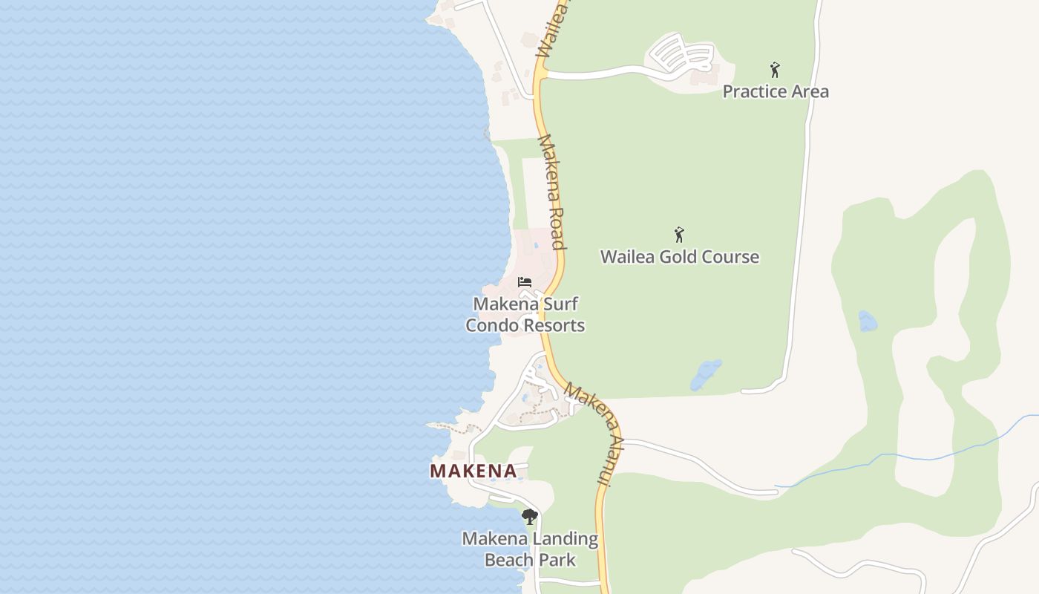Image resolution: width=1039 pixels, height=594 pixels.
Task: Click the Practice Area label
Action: [776, 91]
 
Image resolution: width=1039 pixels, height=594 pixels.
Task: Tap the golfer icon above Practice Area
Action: [775, 70]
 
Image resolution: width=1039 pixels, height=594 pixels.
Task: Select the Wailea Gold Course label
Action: [679, 257]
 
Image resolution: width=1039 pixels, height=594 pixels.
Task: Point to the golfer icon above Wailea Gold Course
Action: [678, 235]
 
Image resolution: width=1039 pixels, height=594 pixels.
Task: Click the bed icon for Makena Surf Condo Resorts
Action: [525, 282]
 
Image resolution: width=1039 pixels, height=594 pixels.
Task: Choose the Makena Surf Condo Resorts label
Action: [525, 315]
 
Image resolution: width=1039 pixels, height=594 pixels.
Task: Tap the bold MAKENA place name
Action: [473, 471]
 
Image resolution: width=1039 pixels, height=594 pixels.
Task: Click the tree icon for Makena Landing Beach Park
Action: [529, 517]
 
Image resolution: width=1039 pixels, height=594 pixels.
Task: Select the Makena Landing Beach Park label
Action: [530, 549]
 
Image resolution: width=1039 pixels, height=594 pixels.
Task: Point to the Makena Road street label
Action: [551, 192]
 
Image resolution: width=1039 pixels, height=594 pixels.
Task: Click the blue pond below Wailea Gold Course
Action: [705, 375]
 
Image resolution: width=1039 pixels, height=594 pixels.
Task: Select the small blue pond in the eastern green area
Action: [867, 321]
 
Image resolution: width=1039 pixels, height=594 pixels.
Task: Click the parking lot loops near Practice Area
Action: [681, 53]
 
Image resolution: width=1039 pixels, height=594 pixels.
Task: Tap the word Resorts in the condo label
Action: [556, 325]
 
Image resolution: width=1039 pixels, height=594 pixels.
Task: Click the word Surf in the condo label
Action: [560, 304]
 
